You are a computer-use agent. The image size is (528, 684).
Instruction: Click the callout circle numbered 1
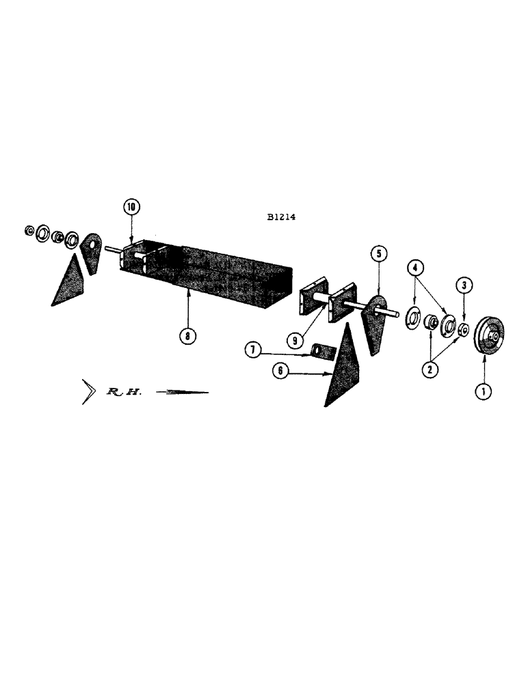[x=484, y=393]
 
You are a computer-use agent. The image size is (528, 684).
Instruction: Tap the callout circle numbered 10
[x=131, y=206]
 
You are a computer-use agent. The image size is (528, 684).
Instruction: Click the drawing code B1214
[x=282, y=220]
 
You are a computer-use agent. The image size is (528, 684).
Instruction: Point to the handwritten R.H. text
[x=122, y=393]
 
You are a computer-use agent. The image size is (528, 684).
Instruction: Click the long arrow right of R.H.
[x=182, y=393]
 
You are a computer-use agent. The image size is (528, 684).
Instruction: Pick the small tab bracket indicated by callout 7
[x=321, y=351]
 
